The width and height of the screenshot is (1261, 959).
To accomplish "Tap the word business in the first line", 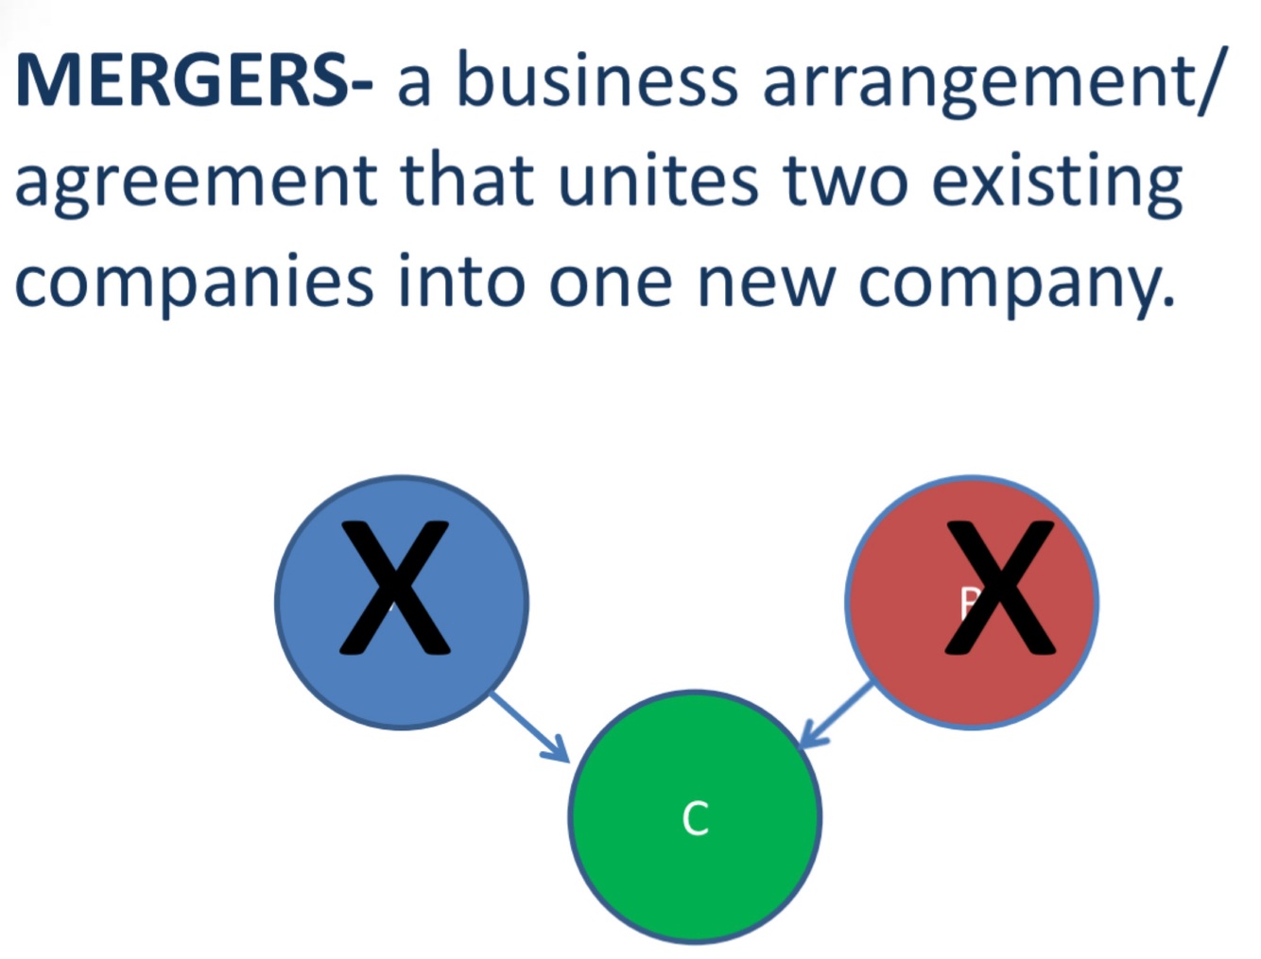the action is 596,79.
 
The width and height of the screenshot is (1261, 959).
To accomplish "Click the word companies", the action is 195,283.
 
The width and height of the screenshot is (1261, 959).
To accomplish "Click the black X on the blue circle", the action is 394,588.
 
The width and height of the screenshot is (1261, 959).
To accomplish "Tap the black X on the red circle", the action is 1000,588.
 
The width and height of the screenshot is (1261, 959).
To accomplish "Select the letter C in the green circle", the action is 695,819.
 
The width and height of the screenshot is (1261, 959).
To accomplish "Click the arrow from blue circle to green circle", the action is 530,728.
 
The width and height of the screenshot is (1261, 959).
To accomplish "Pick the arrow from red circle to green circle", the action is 837,715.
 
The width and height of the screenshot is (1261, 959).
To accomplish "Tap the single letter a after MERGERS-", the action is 414,83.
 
